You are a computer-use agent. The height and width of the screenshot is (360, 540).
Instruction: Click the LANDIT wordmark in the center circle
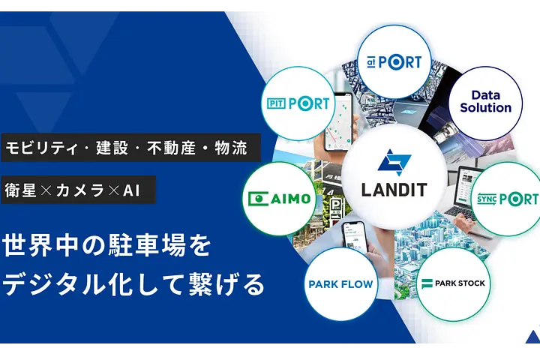point(394,190)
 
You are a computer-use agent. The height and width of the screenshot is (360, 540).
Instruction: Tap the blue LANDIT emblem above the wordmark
point(394,162)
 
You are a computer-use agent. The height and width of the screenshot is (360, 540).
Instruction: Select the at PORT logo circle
point(394,62)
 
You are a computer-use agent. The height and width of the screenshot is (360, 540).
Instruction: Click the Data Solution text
point(485,102)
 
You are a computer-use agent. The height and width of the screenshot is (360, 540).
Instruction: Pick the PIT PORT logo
point(298,103)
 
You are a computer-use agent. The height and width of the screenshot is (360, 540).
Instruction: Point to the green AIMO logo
point(279,199)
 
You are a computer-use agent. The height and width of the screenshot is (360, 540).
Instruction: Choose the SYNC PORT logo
point(508,199)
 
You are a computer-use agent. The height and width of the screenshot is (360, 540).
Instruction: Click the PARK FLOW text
point(340,284)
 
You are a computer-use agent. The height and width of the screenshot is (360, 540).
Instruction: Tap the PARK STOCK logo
point(453,283)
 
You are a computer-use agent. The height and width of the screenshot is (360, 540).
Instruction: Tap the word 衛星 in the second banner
point(21,190)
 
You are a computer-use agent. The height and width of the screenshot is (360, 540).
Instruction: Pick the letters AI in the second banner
point(131,190)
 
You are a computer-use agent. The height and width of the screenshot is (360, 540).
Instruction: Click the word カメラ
point(80,190)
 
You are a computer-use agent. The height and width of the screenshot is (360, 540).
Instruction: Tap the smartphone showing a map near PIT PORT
point(339,121)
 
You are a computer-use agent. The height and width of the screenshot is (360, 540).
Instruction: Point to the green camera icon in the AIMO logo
point(258,199)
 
